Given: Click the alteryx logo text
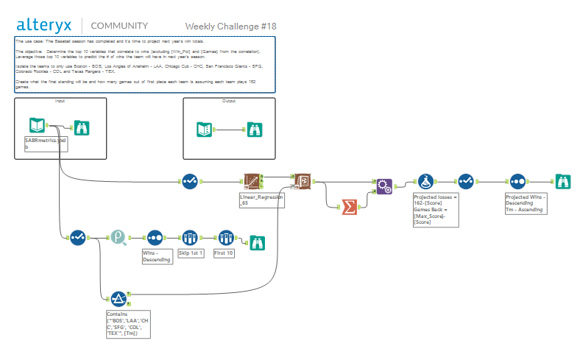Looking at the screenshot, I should tap(45, 25).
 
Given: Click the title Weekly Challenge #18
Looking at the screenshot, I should tap(230, 27).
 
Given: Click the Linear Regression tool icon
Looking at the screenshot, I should tap(254, 182).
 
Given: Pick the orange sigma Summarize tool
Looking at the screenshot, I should tap(350, 206).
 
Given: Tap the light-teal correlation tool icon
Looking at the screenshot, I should tap(119, 237).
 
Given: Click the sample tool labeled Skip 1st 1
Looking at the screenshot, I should tap(190, 237).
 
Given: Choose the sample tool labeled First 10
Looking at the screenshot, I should tap(224, 237).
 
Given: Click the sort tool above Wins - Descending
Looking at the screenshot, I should tap(155, 237).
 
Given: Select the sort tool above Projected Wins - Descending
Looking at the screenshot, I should tap(518, 182).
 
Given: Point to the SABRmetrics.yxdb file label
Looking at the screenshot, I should tap(46, 143).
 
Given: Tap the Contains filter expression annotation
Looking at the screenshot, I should tap(129, 324).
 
